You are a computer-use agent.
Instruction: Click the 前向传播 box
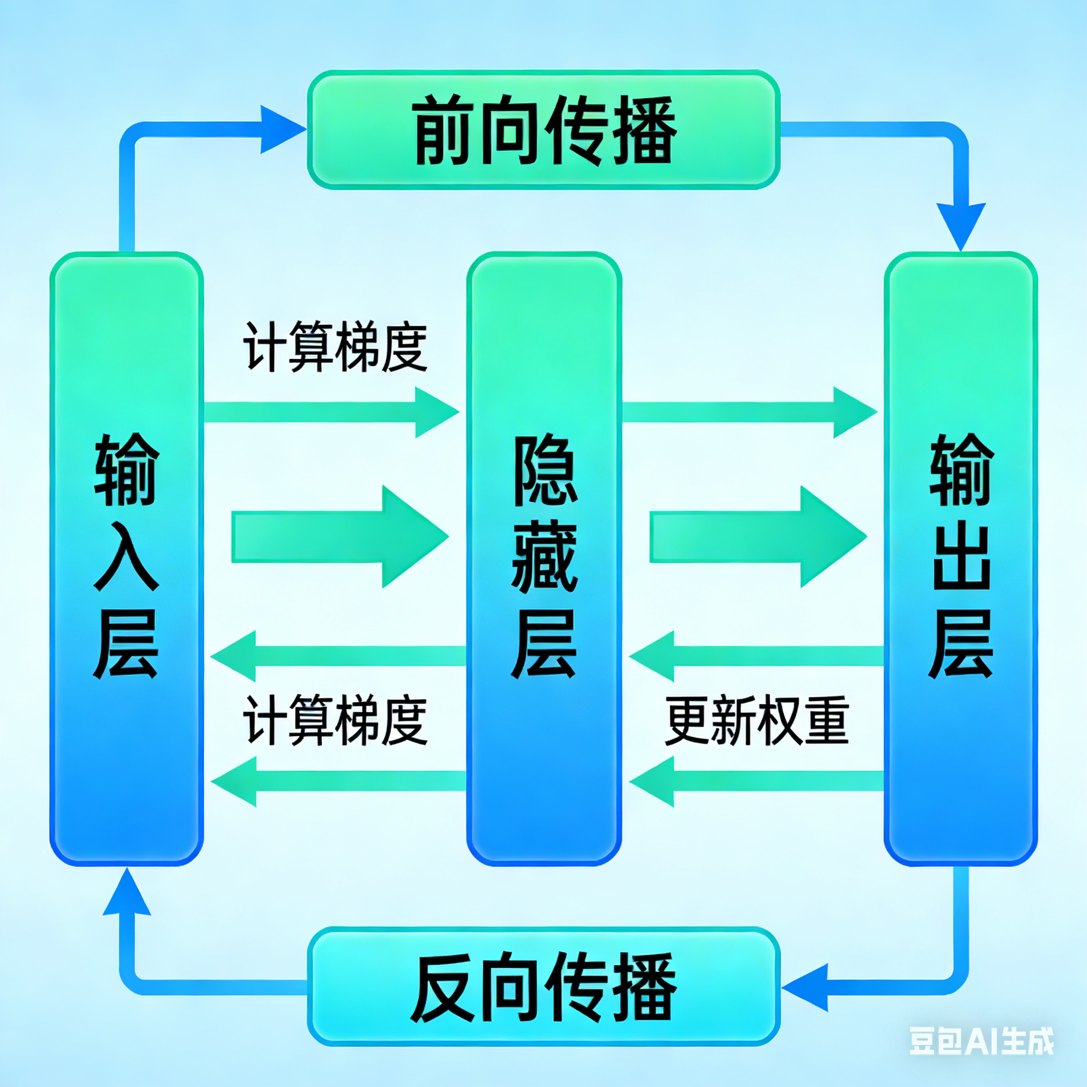tap(543, 130)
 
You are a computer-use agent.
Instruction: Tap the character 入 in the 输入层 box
tap(126, 556)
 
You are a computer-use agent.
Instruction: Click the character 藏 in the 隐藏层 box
tap(544, 556)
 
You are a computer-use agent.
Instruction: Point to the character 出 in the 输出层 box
tap(961, 556)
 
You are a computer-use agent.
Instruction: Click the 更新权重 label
tap(756, 720)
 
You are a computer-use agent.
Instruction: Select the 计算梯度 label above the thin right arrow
tap(335, 347)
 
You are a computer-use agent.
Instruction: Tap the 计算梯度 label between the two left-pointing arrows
tap(335, 720)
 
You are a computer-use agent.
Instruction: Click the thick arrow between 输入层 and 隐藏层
tap(340, 536)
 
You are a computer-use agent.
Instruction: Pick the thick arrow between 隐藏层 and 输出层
tap(758, 536)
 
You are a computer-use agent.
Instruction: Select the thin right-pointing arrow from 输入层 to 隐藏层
tap(332, 412)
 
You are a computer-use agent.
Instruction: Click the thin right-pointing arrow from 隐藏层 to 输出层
tap(749, 412)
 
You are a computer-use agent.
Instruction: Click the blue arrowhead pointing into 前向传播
tap(281, 130)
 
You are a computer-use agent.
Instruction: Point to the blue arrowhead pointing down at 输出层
tap(961, 225)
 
